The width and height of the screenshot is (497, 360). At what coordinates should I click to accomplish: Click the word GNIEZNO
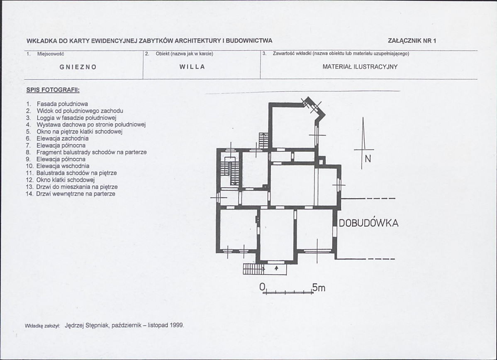click(x=78, y=67)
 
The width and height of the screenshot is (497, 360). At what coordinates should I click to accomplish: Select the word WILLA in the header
click(x=192, y=67)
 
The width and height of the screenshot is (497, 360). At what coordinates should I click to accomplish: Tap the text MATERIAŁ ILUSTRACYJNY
click(x=360, y=67)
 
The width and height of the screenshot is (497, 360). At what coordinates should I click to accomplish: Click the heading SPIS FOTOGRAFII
click(x=53, y=90)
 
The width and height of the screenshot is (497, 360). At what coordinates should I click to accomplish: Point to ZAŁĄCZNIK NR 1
click(x=412, y=41)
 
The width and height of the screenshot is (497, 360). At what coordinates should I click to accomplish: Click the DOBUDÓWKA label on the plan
click(x=369, y=223)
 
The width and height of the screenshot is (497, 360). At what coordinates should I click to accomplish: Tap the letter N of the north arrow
click(x=368, y=159)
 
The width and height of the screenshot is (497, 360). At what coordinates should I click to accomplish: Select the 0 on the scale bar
click(x=262, y=287)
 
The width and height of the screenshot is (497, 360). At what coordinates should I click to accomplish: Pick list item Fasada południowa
click(x=62, y=104)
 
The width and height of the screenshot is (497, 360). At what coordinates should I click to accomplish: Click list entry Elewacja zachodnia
click(x=63, y=139)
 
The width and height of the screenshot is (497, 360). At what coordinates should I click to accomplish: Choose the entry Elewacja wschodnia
click(x=63, y=166)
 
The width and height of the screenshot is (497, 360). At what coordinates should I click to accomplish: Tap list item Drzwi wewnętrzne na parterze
click(x=76, y=194)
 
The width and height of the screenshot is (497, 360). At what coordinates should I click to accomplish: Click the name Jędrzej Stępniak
click(x=87, y=326)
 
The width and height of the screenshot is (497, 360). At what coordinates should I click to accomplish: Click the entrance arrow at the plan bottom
click(x=276, y=268)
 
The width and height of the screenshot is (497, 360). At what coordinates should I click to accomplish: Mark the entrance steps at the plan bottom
click(x=253, y=269)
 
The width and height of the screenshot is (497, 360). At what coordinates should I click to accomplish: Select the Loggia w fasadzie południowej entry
click(x=77, y=118)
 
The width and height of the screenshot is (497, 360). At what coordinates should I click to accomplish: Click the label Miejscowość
click(x=50, y=54)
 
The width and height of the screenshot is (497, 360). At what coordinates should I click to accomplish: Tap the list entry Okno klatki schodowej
click(x=65, y=180)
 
